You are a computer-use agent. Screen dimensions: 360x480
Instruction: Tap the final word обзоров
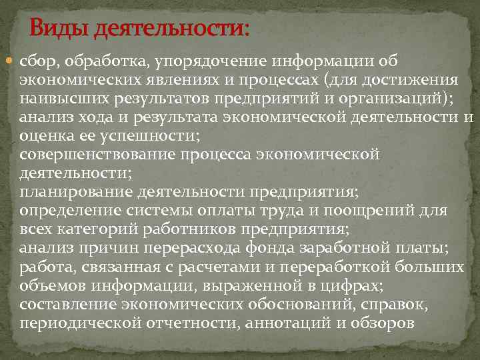click(x=383, y=323)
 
